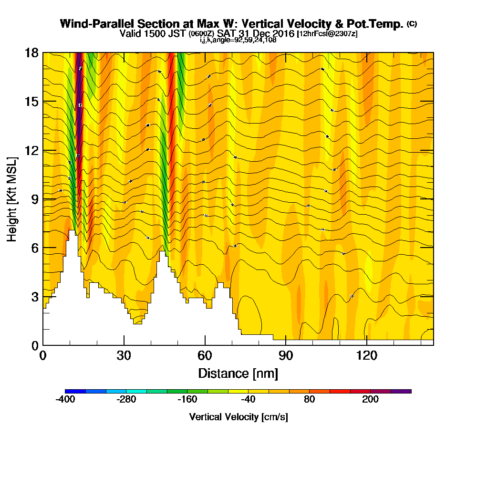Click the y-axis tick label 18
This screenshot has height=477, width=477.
point(31,52)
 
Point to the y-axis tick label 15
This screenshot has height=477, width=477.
point(31,102)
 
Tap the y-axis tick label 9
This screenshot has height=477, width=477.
point(34,199)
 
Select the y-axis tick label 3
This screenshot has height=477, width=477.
point(34,296)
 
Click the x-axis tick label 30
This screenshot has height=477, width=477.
point(124,355)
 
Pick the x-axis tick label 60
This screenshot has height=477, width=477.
point(205,355)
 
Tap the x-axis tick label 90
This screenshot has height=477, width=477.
point(285,355)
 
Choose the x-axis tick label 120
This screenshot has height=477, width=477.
point(366,355)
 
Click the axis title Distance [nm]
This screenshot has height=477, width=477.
point(238,373)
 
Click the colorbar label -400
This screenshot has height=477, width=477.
point(65,400)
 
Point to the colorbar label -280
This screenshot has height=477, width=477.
point(126,400)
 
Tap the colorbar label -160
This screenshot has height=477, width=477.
point(187,400)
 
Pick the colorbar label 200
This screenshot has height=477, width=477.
point(370,400)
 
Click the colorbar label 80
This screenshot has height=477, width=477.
point(309,400)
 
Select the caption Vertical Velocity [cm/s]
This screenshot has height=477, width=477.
point(238,417)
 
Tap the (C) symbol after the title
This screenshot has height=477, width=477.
point(412,24)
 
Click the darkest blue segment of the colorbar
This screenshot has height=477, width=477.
point(75,391)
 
